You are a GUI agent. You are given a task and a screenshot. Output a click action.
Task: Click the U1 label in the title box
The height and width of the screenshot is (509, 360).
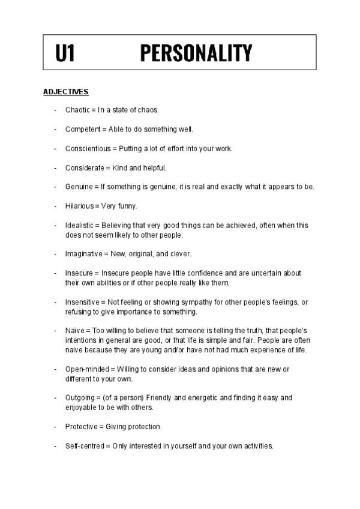click(x=65, y=53)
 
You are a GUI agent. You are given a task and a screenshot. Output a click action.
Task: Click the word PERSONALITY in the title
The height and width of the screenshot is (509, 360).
click(x=196, y=53)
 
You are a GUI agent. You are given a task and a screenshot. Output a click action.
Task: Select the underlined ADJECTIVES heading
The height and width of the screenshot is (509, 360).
click(x=66, y=92)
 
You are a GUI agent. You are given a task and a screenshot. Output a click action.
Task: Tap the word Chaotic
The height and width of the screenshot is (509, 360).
click(x=77, y=110)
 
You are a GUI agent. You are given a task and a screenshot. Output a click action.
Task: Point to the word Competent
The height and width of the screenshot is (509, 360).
click(x=82, y=129)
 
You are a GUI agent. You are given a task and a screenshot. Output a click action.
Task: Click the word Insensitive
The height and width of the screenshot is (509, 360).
click(x=82, y=302)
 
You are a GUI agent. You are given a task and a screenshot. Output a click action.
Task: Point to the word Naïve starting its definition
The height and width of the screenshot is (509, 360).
click(x=75, y=331)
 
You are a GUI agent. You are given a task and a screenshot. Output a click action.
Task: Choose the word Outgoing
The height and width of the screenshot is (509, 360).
click(x=80, y=397)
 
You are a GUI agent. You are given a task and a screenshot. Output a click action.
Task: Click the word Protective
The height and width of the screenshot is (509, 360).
click(x=82, y=427)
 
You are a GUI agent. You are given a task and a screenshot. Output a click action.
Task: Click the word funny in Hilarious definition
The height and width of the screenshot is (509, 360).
click(x=128, y=206)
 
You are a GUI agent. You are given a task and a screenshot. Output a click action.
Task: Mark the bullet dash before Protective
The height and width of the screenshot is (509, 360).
click(x=55, y=427)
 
